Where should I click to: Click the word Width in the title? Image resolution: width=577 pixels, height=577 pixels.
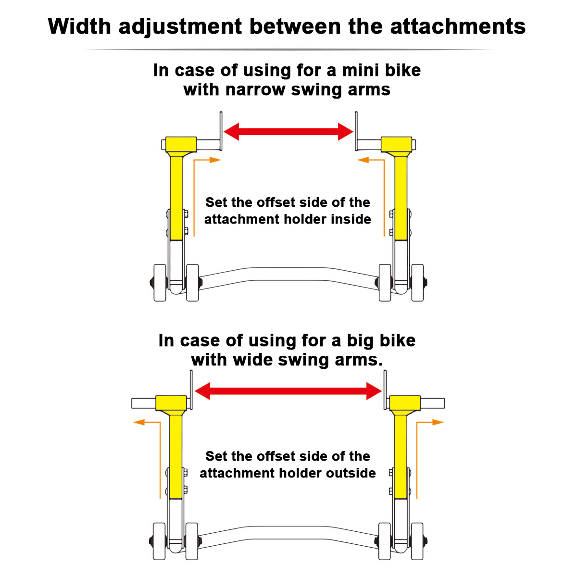(x=79, y=26)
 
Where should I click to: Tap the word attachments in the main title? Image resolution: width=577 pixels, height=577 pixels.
(x=458, y=26)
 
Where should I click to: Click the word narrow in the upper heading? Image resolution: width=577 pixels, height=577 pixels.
(x=255, y=89)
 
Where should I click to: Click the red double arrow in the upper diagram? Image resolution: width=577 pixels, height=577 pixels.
(x=288, y=131)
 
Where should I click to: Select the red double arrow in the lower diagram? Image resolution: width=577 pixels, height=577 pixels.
(x=288, y=391)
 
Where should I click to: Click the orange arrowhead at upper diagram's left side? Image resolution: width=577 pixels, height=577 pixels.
(x=215, y=160)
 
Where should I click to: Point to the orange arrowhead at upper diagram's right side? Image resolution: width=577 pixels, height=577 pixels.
(x=363, y=160)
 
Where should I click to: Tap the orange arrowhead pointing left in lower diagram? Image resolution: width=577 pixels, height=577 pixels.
(x=139, y=422)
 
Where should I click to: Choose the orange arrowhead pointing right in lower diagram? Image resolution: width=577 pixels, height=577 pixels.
(x=438, y=422)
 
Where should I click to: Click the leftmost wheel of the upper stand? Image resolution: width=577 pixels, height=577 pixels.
(x=160, y=283)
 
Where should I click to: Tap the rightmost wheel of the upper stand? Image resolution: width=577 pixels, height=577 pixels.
(x=417, y=283)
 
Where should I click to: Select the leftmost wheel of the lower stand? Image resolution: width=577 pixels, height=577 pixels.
(x=159, y=541)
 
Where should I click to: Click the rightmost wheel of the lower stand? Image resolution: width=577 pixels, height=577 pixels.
(x=417, y=541)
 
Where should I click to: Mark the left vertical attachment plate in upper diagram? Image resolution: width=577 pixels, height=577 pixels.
(x=221, y=131)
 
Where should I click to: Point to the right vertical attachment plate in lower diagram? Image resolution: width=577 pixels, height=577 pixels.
(x=385, y=390)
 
